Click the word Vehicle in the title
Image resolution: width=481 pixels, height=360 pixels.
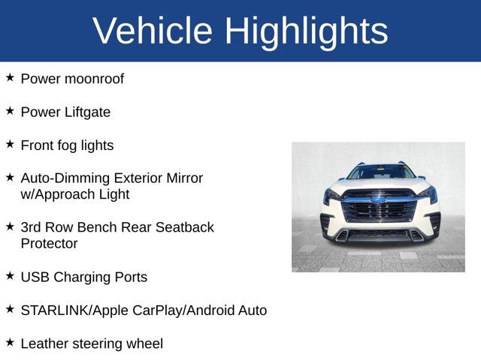(x=153, y=31)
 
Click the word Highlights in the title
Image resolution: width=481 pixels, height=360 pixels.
(x=306, y=31)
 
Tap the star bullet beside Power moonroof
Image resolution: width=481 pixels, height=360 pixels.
(x=10, y=78)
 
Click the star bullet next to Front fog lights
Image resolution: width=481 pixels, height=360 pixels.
(x=10, y=144)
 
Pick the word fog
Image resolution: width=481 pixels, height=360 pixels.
(x=70, y=145)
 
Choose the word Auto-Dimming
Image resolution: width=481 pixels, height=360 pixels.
(x=66, y=178)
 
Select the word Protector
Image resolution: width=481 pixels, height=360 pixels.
(x=49, y=243)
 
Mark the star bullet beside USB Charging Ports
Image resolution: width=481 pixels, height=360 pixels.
(x=10, y=275)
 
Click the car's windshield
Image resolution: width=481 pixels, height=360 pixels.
(x=380, y=172)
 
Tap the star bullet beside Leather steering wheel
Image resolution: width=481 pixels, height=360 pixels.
(x=10, y=342)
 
